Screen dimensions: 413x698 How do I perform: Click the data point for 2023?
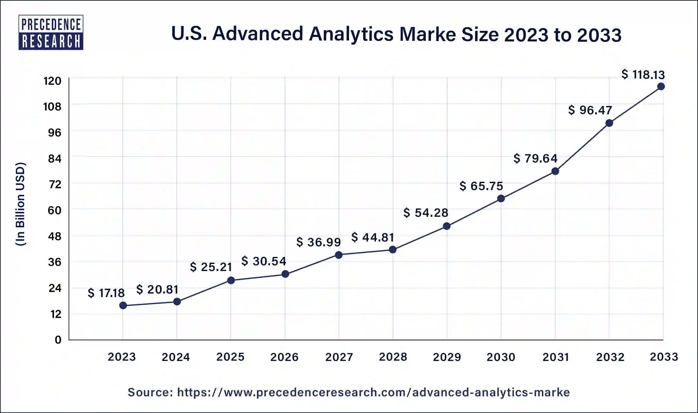coord(123,305)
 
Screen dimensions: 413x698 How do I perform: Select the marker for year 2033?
coord(661,86)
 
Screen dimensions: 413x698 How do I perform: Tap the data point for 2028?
coord(392,250)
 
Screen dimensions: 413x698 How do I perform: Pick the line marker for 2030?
coord(501,198)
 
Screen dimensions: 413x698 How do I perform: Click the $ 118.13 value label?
coord(643,75)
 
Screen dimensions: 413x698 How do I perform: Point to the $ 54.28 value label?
coord(425,213)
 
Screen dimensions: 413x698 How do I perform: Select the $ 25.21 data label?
coord(211,267)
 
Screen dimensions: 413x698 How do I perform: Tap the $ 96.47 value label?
coord(590,110)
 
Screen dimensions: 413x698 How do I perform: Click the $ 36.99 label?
coord(318,242)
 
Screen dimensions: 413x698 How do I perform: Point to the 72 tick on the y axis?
coord(55,184)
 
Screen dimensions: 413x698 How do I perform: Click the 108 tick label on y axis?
coord(52,107)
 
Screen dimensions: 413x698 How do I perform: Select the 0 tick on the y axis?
coord(58,340)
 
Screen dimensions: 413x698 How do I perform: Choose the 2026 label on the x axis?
coord(284,357)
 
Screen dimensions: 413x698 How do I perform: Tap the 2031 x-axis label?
coord(556,357)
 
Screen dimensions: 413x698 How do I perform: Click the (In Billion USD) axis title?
coord(20,204)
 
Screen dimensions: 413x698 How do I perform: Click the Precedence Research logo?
coord(51,32)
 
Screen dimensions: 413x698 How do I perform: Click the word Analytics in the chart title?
coord(351,34)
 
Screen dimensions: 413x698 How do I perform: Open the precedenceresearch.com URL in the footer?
coord(373,392)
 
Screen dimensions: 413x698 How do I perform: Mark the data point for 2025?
coord(231,280)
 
